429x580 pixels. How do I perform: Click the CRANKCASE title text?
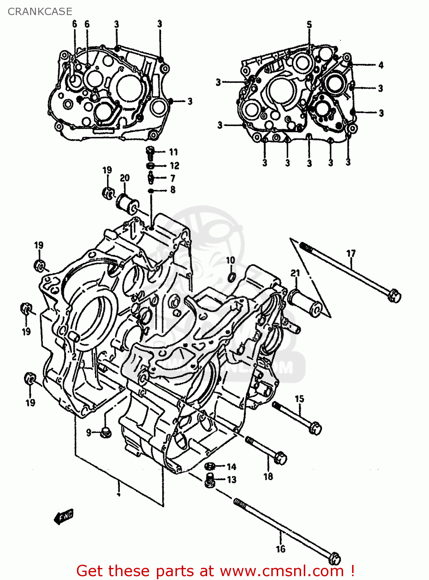pyautogui.click(x=40, y=12)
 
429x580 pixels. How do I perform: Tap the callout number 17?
pyautogui.click(x=351, y=254)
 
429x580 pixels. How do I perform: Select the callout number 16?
pyautogui.click(x=281, y=549)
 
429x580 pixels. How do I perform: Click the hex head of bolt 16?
pyautogui.click(x=334, y=558)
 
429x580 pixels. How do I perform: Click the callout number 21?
pyautogui.click(x=295, y=273)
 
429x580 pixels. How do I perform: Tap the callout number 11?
pyautogui.click(x=173, y=152)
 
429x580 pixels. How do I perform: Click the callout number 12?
pyautogui.click(x=174, y=166)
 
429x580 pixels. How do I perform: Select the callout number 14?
pyautogui.click(x=231, y=467)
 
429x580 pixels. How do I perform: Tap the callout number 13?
pyautogui.click(x=232, y=480)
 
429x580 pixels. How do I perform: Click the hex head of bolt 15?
pyautogui.click(x=315, y=428)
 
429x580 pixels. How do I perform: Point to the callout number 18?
pyautogui.click(x=268, y=476)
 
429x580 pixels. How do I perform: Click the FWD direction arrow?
pyautogui.click(x=64, y=516)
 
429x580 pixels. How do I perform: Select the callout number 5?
pyautogui.click(x=309, y=25)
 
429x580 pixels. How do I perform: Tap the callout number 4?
pyautogui.click(x=381, y=65)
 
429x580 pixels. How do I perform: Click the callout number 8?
pyautogui.click(x=173, y=190)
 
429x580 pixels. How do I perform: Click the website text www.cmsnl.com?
pyautogui.click(x=282, y=571)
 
